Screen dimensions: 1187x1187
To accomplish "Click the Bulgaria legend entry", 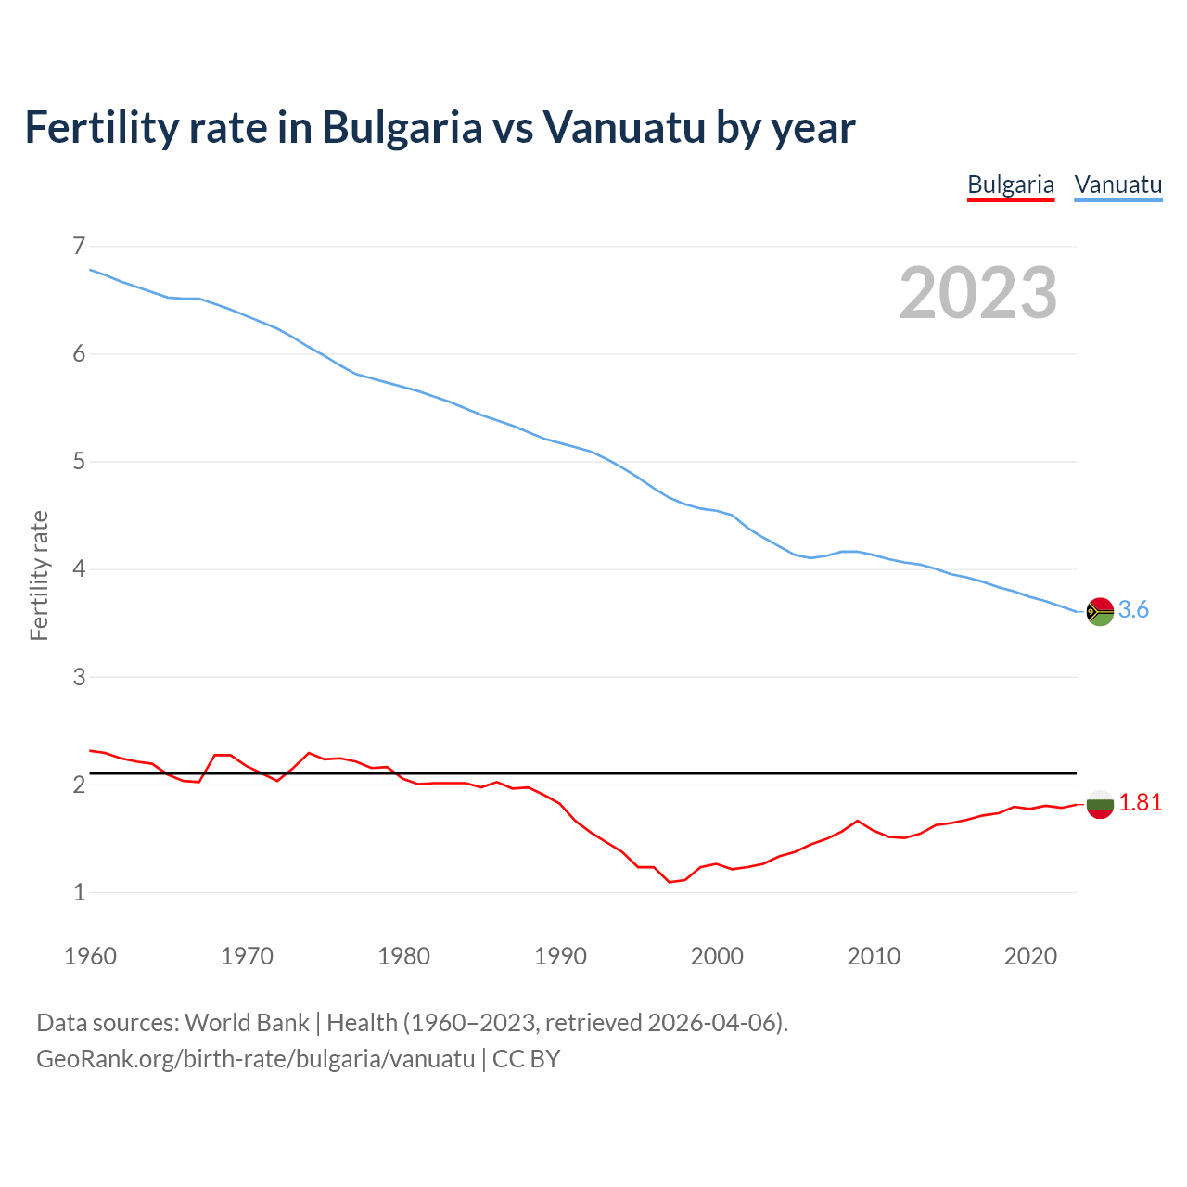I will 1010,185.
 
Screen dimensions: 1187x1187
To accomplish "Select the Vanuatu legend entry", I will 1117,185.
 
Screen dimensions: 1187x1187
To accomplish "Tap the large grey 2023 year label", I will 977,293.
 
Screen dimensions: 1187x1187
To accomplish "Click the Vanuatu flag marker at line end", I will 1100,611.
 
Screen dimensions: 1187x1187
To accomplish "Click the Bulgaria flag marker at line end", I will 1100,804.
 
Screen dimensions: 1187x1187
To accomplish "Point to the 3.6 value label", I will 1133,609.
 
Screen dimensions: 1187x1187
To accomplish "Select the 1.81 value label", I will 1140,803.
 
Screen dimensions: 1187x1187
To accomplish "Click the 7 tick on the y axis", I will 79,246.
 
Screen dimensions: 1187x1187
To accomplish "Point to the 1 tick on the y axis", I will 79,892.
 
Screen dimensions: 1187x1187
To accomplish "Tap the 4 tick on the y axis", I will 79,568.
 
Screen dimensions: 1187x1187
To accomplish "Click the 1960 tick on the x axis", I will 90,956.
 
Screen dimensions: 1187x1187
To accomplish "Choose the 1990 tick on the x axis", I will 560,956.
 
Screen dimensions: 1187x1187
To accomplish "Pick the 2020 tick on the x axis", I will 1030,956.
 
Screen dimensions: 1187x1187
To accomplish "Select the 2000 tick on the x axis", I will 717,956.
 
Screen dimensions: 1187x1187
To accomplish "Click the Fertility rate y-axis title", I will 39,575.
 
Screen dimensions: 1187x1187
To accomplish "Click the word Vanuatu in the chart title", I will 624,127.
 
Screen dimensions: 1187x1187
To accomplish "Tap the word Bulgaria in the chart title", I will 402,129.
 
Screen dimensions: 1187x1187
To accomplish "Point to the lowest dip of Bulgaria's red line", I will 670,881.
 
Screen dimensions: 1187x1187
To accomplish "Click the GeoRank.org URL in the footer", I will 255,1059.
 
